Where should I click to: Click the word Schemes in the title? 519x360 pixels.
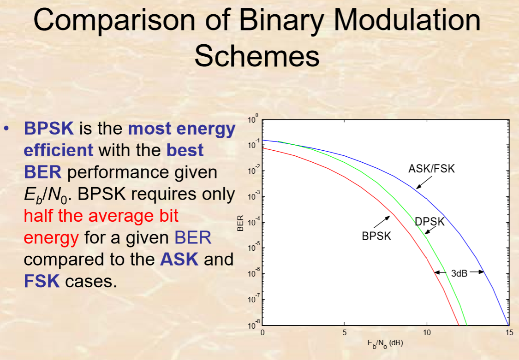click(x=257, y=57)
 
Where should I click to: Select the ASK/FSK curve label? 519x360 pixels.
click(x=431, y=169)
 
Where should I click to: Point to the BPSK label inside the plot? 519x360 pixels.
click(x=376, y=236)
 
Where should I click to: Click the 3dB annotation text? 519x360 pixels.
click(x=459, y=273)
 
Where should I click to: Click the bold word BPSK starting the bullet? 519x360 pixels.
click(x=48, y=129)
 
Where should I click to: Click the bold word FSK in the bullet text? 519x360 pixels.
click(x=42, y=281)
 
